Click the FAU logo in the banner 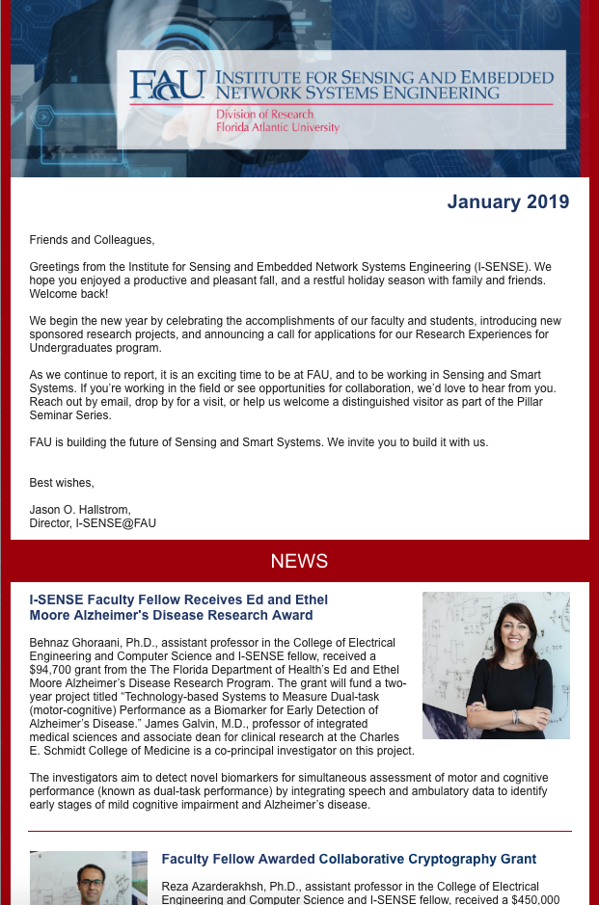click(x=167, y=86)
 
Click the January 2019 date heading click(x=507, y=201)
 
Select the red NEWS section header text click(x=299, y=561)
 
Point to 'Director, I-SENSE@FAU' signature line click(x=93, y=523)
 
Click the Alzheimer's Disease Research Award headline click(x=172, y=607)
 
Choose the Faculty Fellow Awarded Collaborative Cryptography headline click(x=349, y=859)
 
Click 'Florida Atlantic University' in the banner click(x=278, y=127)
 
